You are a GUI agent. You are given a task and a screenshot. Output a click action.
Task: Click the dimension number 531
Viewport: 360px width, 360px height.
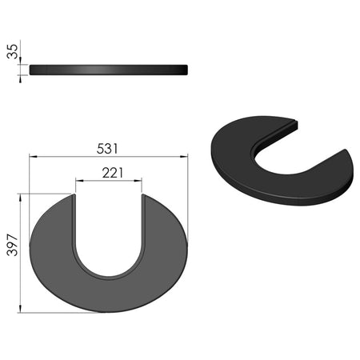point(107,149)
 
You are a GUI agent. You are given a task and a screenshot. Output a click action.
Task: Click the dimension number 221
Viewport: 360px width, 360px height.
point(113,173)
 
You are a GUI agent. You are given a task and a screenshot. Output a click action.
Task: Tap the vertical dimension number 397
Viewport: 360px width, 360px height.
point(12,245)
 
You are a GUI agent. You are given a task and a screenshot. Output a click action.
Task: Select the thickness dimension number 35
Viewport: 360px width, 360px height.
point(12,51)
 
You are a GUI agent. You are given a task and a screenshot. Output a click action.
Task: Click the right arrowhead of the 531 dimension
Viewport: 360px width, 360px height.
point(184,157)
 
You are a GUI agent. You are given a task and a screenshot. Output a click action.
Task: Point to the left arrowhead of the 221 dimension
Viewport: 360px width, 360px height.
point(79,181)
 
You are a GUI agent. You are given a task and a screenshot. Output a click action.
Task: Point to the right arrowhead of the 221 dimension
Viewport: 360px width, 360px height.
point(138,181)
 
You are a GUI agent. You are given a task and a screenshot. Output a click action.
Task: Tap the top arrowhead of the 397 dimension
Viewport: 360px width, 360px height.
point(20,198)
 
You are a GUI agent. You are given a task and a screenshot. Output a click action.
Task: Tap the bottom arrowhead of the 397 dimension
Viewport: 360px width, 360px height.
point(20,309)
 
